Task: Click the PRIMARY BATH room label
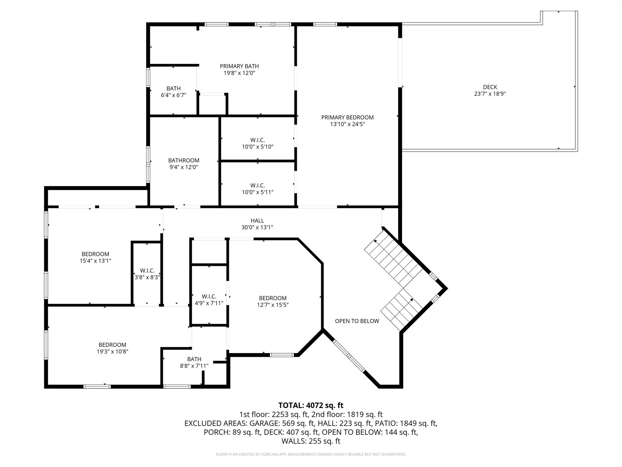click(239, 66)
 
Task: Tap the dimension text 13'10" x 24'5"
click(347, 124)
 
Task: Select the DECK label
click(490, 87)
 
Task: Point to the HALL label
click(257, 220)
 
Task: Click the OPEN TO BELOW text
click(357, 321)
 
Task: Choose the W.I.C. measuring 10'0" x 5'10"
click(258, 143)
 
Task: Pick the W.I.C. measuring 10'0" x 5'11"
click(258, 189)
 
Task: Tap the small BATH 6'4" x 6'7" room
click(173, 92)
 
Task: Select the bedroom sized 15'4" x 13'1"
click(95, 257)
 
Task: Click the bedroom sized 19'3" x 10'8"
click(112, 348)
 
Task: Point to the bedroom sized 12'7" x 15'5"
click(273, 301)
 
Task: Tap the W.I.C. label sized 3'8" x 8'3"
click(147, 274)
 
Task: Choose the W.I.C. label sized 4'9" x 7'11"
click(209, 299)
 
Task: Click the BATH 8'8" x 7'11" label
click(194, 362)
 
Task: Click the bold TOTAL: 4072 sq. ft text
click(311, 405)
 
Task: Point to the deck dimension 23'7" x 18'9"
click(490, 94)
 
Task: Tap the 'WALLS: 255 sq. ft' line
click(311, 441)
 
